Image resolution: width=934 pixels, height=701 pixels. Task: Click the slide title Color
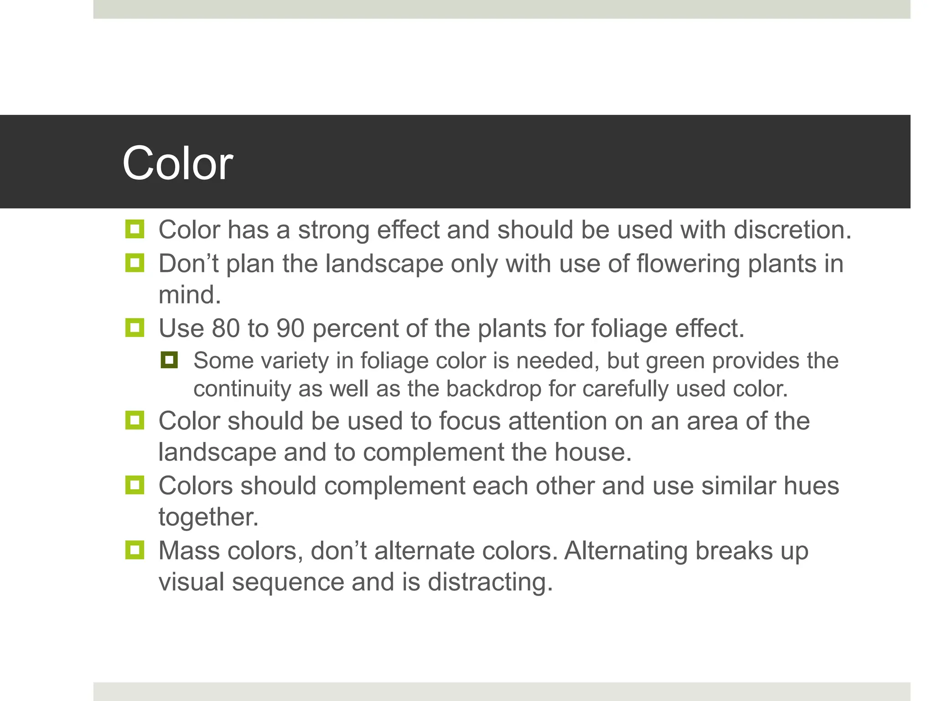pos(177,163)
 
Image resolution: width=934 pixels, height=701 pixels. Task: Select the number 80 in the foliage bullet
pos(225,328)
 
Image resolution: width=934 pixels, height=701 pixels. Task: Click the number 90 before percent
pos(290,328)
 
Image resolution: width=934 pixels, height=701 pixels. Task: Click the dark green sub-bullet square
pos(169,361)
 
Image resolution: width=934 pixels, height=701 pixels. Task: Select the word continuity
pos(242,389)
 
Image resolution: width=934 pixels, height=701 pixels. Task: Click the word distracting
pos(490,582)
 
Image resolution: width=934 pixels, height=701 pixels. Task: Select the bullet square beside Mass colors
pos(135,550)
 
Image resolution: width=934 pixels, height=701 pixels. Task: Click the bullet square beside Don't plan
pos(135,263)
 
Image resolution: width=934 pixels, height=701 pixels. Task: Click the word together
pos(208,518)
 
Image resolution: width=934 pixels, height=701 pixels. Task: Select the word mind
pos(189,295)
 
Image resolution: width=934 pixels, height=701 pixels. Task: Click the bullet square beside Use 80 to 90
pos(135,328)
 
